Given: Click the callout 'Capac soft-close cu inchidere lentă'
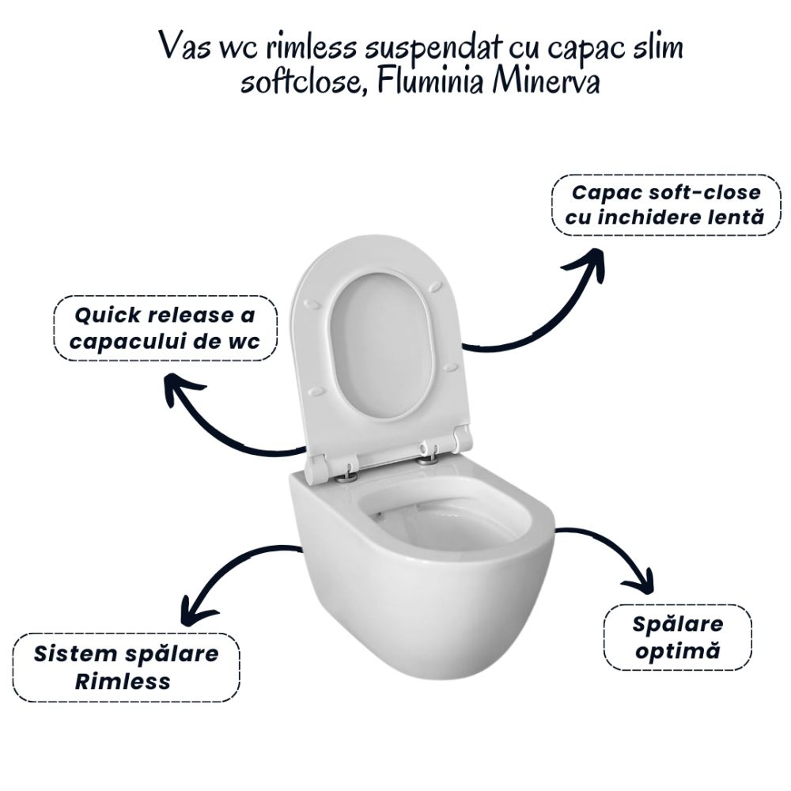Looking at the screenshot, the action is (x=666, y=205).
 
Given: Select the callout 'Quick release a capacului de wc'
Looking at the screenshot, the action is (x=165, y=328).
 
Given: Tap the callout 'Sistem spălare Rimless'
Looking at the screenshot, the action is (x=126, y=668).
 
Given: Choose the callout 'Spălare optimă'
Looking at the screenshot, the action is (x=678, y=638).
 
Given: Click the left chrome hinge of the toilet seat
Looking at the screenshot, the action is (x=347, y=476).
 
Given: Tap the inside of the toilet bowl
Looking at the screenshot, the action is (x=445, y=524).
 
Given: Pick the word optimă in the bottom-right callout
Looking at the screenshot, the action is (x=678, y=651).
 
